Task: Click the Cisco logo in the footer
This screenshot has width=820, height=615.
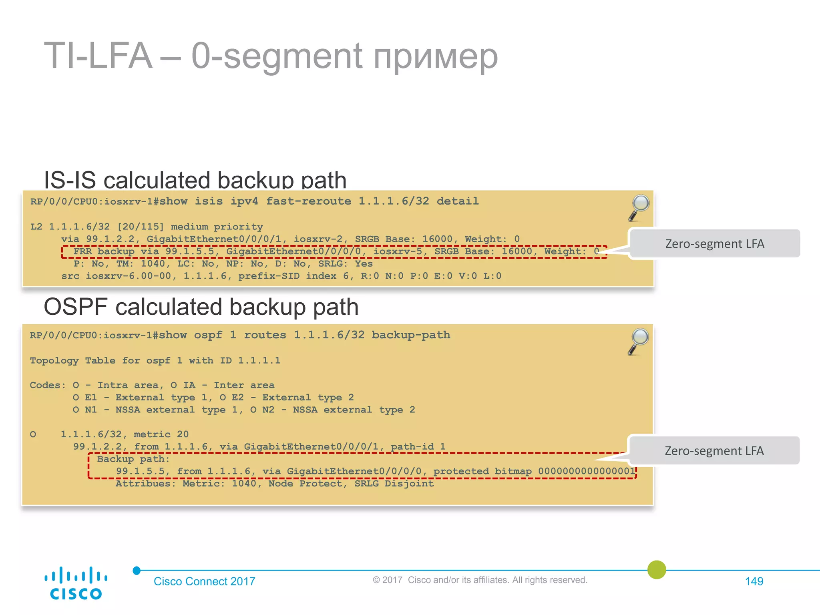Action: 76,583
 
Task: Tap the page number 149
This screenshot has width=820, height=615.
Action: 754,581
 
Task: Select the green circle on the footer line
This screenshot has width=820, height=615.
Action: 657,570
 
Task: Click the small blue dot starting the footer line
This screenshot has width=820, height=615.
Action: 137,571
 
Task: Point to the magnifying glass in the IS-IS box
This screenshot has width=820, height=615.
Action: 639,207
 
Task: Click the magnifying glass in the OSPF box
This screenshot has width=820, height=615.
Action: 639,342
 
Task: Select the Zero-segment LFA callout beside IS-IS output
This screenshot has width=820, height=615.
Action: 715,243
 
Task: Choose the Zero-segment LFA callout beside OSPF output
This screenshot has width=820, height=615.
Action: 714,450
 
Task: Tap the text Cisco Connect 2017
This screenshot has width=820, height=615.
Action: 204,581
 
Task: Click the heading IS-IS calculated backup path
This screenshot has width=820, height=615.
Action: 195,180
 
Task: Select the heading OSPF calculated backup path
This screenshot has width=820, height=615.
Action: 201,307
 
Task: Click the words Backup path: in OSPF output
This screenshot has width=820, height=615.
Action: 133,459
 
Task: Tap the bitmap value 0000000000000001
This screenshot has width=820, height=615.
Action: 587,471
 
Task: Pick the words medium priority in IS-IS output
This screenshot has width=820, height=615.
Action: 217,227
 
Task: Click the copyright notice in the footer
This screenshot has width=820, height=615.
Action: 480,580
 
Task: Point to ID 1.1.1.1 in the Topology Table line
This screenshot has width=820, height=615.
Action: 250,360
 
